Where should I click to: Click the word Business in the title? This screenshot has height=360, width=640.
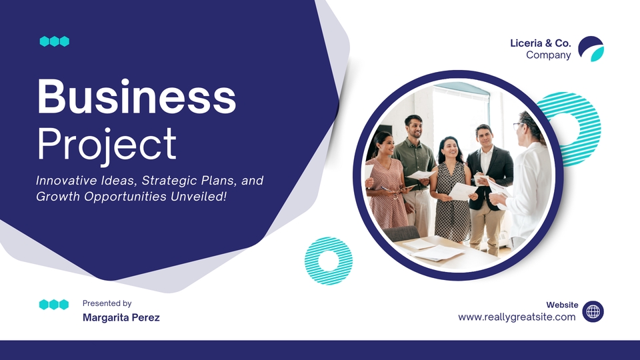coord(137,97)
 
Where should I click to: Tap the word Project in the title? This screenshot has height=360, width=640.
coord(107,145)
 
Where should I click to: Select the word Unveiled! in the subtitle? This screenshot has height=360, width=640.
coord(199,196)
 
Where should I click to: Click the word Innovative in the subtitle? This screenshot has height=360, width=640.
coord(67,181)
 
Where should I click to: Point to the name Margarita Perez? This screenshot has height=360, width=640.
coord(121,317)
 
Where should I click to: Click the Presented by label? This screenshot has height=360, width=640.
coord(107,303)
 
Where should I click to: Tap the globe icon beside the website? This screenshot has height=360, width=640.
coord(593,312)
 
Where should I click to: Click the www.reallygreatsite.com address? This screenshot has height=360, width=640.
coord(517,317)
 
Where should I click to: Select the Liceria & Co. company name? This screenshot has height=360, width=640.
coord(541,43)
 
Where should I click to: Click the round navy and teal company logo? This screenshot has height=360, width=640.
coord(591,49)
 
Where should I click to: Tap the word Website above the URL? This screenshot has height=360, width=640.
coord(562,305)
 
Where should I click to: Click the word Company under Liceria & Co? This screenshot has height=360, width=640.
coord(549,55)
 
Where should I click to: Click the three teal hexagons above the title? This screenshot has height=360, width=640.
coord(54,41)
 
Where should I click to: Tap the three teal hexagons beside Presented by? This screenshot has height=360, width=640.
coord(54,305)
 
